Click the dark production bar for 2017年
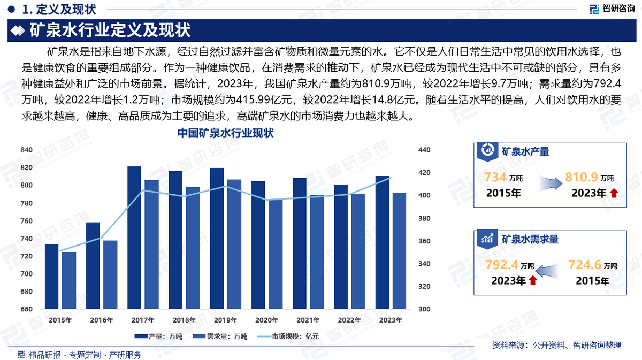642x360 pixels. click(134, 238)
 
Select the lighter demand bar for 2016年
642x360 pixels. click(110, 274)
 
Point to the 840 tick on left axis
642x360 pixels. click(27, 150)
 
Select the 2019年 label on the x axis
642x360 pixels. click(225, 320)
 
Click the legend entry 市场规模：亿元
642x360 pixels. click(289, 336)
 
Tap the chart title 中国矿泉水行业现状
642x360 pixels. click(225, 134)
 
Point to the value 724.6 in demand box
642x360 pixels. click(585, 264)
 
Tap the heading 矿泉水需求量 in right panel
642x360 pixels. click(530, 239)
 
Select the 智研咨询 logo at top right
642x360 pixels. click(612, 9)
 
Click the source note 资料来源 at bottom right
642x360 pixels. click(556, 346)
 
